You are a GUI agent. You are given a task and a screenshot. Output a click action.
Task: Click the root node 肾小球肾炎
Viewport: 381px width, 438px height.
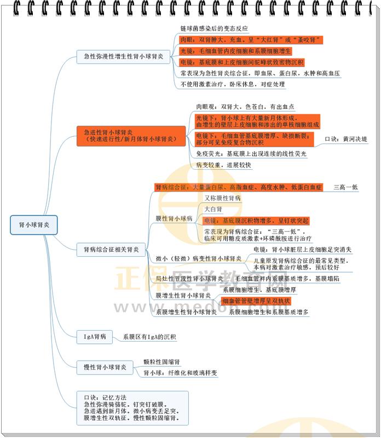(x=34, y=224)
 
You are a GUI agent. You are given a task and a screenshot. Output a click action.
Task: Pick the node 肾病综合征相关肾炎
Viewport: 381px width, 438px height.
(x=111, y=250)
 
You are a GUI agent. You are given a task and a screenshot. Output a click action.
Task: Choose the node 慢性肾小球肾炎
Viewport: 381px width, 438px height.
(x=105, y=367)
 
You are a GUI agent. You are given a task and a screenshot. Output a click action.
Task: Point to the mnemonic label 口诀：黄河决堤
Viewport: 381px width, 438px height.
(x=347, y=140)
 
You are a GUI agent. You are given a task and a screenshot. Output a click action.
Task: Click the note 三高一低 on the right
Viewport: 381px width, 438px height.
(x=346, y=187)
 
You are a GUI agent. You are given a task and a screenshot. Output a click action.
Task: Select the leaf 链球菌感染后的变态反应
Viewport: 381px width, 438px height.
(x=214, y=28)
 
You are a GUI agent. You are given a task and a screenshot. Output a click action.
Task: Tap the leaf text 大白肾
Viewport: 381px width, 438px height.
(x=213, y=209)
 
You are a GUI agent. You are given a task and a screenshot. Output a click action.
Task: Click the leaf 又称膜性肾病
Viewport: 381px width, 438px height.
(x=222, y=198)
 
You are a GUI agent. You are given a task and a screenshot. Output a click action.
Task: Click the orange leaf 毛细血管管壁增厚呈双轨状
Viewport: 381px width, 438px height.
(x=256, y=301)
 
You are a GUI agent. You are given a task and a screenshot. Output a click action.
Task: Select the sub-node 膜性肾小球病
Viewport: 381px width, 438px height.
(x=174, y=218)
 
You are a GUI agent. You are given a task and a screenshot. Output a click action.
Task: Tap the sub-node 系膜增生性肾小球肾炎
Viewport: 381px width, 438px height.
(x=186, y=312)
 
